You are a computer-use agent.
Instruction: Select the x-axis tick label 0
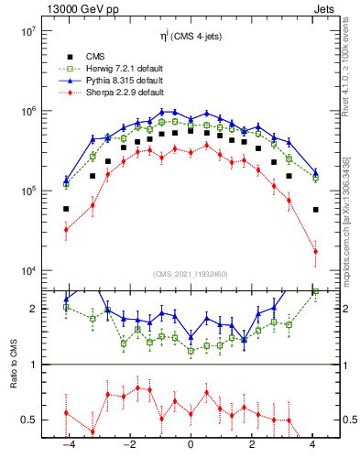click(191, 445)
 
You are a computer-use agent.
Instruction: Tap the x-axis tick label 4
click(314, 445)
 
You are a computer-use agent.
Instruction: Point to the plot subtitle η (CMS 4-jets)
click(191, 37)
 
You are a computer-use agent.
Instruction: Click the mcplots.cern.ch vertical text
click(353, 215)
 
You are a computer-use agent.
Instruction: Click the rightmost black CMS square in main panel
click(315, 210)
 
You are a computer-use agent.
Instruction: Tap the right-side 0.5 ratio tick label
click(349, 420)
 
